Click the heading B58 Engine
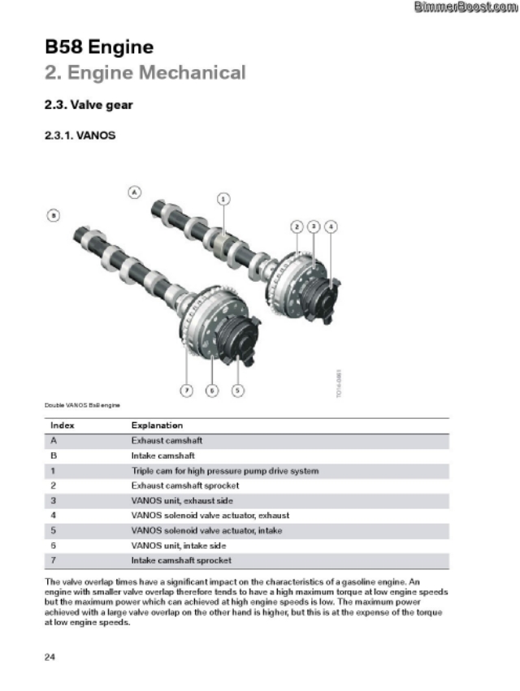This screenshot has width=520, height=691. pyautogui.click(x=99, y=46)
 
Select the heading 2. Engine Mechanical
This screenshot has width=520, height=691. pyautogui.click(x=145, y=73)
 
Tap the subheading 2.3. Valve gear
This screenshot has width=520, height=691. pyautogui.click(x=89, y=106)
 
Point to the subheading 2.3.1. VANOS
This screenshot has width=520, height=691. pyautogui.click(x=80, y=136)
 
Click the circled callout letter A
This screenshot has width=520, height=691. pyautogui.click(x=135, y=192)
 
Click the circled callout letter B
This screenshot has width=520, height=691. pyautogui.click(x=53, y=215)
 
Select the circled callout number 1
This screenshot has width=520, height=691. pyautogui.click(x=223, y=197)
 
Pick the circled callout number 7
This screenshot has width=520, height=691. pyautogui.click(x=186, y=391)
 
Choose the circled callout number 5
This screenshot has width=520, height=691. pyautogui.click(x=237, y=391)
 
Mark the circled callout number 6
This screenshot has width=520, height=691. pyautogui.click(x=211, y=391)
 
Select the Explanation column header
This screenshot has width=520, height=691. pyautogui.click(x=157, y=425)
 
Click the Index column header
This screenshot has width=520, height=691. pyautogui.click(x=63, y=425)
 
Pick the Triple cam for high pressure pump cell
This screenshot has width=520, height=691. pyautogui.click(x=225, y=471)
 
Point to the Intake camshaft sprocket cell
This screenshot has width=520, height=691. pyautogui.click(x=181, y=560)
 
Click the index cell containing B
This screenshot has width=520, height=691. pyautogui.click(x=54, y=456)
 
